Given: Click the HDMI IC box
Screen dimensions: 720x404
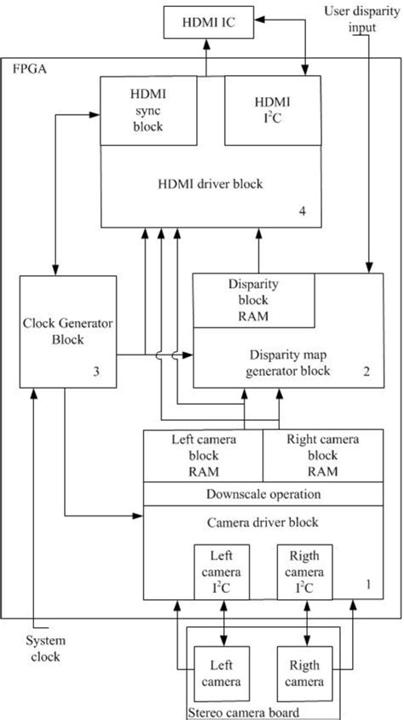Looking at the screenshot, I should pyautogui.click(x=204, y=23).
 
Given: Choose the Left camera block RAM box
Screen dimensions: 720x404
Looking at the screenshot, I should pyautogui.click(x=201, y=456).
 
